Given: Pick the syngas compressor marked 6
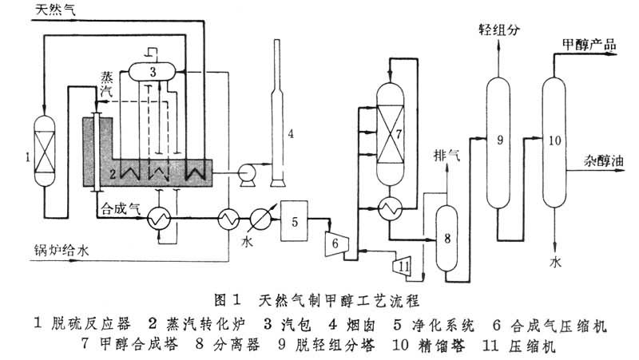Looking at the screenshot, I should [x=335, y=239].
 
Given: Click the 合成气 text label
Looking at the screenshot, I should [x=120, y=208].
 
